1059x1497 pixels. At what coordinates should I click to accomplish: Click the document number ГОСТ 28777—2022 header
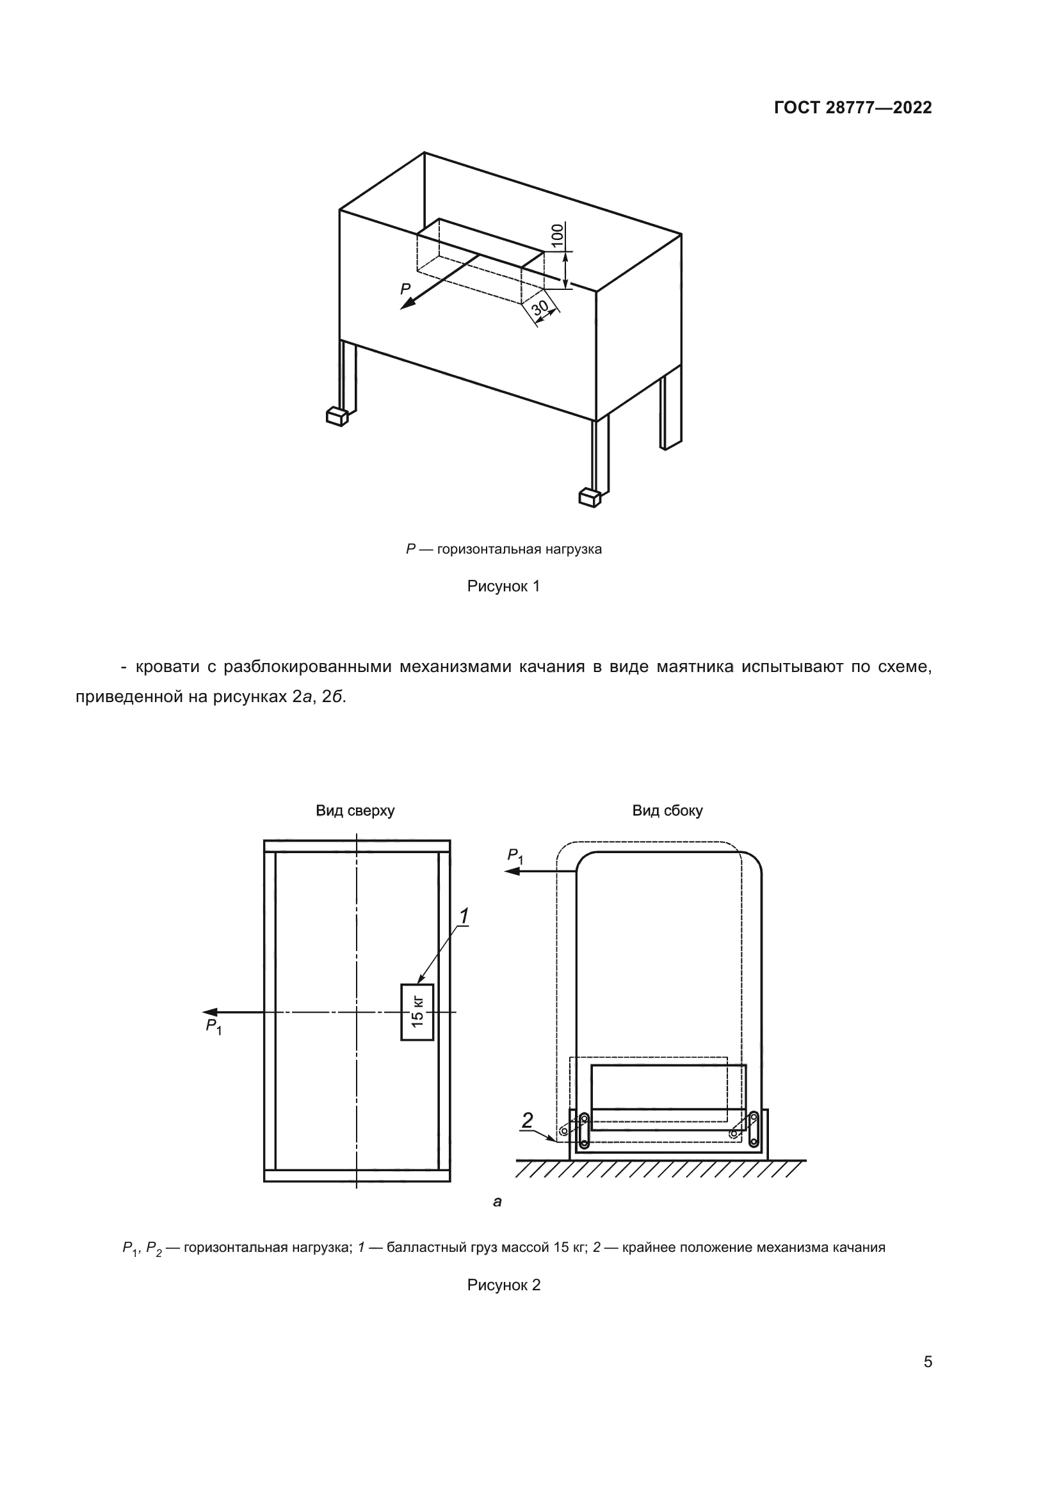coord(852,108)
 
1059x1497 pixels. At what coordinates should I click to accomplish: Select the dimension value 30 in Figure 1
coord(540,307)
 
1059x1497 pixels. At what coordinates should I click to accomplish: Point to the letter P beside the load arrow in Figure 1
coord(405,289)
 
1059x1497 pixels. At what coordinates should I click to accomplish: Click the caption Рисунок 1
coord(503,586)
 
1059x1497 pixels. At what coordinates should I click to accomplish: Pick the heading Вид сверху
coord(355,810)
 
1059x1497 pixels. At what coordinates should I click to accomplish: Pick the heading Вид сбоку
coord(667,810)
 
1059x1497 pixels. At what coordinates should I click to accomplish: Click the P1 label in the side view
coord(515,856)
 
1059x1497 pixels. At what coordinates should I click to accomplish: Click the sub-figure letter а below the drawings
coord(497,1202)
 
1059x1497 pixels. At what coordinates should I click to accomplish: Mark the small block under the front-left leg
coord(337,416)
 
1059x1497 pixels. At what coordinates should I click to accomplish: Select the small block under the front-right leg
coord(589,497)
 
